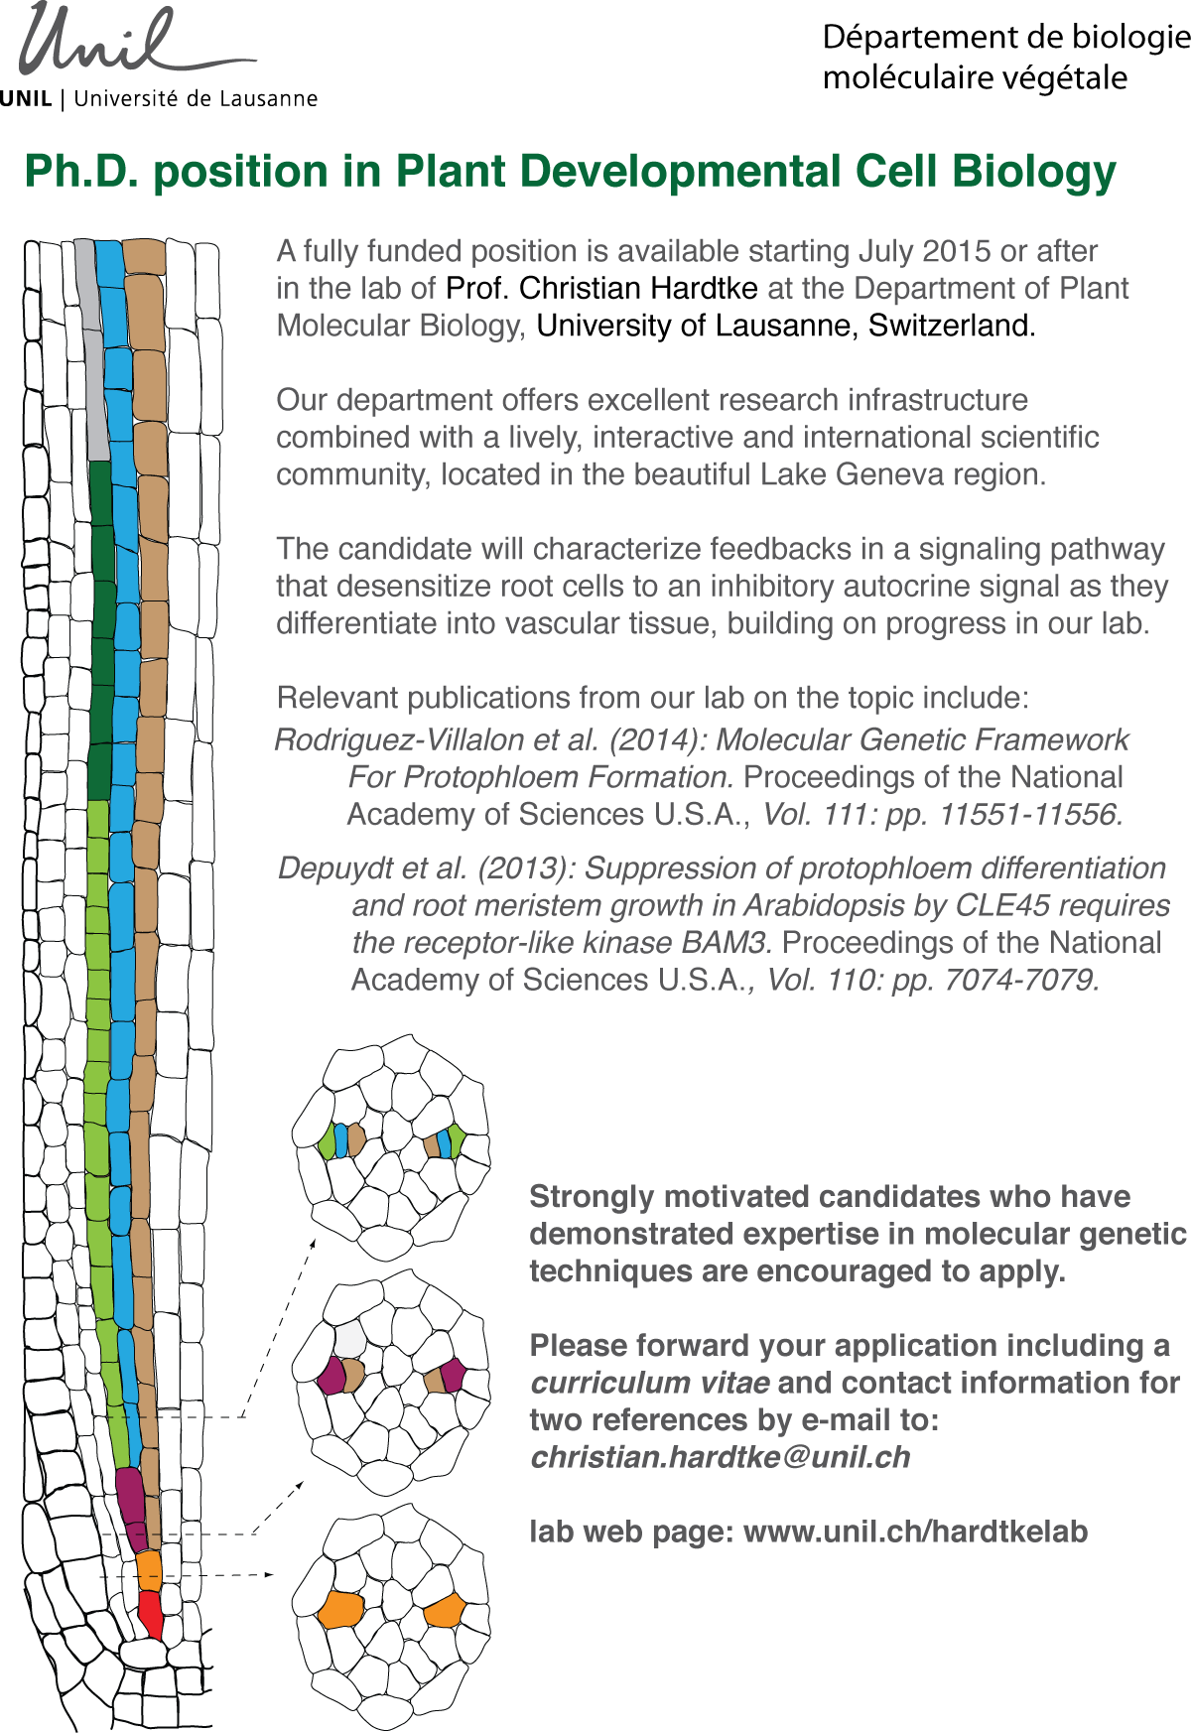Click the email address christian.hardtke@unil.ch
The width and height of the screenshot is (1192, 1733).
point(720,1457)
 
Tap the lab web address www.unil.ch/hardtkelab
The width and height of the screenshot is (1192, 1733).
point(915,1532)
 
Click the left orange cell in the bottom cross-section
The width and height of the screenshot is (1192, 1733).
point(340,1609)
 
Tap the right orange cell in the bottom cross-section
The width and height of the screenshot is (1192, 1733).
point(445,1611)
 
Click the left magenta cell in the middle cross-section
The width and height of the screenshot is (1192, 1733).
point(331,1376)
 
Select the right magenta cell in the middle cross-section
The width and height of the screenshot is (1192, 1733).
point(453,1376)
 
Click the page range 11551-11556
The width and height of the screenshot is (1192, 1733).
point(1030,815)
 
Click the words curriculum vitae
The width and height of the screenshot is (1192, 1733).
point(650,1383)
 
